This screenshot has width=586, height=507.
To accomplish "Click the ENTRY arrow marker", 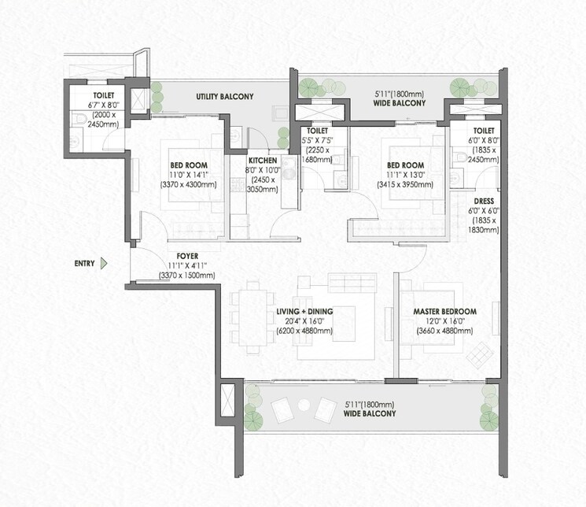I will coord(104,264).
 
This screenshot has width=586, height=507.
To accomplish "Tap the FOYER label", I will coord(186,256).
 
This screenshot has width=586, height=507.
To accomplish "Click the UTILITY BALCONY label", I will coord(224,96).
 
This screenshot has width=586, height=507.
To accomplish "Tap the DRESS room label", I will coord(483,201).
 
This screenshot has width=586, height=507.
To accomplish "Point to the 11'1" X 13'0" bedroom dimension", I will coord(405,175).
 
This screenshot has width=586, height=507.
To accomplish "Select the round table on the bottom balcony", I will coord(303,406).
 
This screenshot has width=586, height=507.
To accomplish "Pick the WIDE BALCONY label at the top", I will coord(399,102).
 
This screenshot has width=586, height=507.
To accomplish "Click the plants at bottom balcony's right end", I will coord(485,408).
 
